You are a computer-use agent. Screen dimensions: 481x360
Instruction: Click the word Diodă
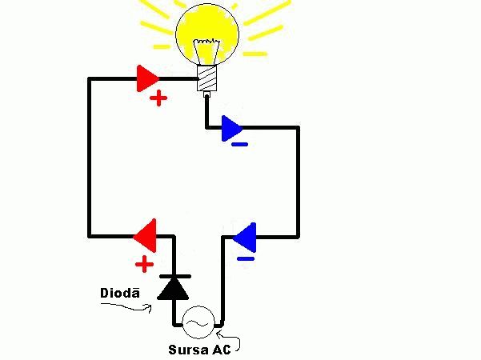(x=120, y=293)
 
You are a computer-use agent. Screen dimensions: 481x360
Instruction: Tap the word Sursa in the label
(x=184, y=350)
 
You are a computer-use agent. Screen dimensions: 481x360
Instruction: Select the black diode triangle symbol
(x=173, y=289)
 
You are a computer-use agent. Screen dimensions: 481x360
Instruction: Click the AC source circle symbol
(x=198, y=322)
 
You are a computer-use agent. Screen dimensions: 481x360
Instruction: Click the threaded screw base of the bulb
(x=206, y=78)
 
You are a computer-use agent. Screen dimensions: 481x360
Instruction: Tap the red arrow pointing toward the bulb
(x=147, y=78)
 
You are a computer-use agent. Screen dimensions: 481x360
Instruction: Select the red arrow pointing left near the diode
(x=145, y=235)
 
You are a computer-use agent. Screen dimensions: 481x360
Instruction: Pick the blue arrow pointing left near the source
(x=245, y=237)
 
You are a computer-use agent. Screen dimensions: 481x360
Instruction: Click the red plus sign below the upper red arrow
(x=158, y=98)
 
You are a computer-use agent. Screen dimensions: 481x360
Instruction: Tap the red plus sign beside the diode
(x=144, y=264)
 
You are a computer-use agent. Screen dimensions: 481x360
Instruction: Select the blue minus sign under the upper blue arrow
(x=239, y=145)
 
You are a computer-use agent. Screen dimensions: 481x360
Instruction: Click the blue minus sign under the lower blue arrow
(x=246, y=259)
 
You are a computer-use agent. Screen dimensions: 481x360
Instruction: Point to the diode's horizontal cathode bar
(x=175, y=276)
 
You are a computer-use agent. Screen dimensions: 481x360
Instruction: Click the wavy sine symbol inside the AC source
(x=198, y=322)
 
